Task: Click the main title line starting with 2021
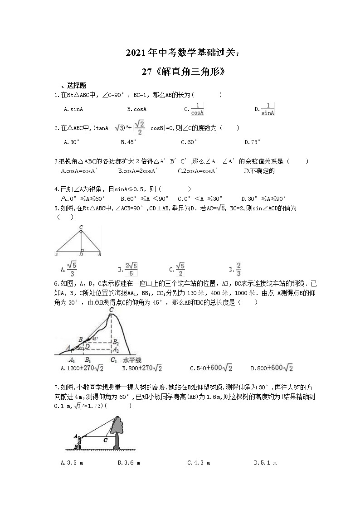(x=180, y=53)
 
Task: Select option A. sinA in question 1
(x=73, y=109)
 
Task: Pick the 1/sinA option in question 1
(x=268, y=109)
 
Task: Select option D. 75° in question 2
(x=253, y=142)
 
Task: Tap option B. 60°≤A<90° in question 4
(x=145, y=199)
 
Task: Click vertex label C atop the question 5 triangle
(x=81, y=226)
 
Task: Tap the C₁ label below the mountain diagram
(x=113, y=360)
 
